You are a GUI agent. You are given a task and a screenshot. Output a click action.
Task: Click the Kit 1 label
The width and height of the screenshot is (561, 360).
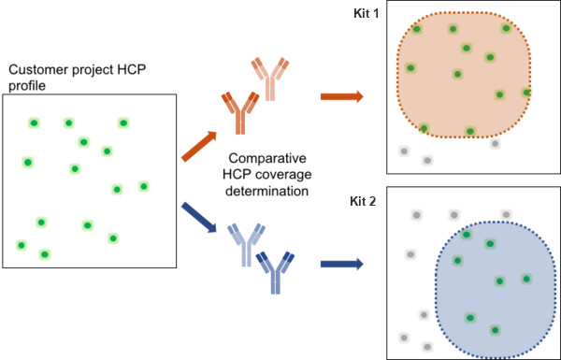366,14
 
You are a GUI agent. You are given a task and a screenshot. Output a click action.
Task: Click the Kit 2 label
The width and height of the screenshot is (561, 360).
363,201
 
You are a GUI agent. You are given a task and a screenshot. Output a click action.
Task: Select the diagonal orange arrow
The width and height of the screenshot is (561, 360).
198,146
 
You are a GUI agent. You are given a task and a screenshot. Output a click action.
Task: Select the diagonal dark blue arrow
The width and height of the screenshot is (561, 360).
198,217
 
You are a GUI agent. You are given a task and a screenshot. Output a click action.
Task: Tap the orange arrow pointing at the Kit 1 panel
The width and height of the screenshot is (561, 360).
341,96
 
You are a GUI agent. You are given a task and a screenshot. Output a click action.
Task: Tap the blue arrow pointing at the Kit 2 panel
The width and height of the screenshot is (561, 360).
341,264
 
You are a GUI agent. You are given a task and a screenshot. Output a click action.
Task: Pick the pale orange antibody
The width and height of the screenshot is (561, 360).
270,79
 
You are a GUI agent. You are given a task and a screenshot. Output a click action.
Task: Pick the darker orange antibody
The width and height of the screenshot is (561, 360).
240,111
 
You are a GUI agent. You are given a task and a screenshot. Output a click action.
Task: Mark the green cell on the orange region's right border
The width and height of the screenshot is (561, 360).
526,93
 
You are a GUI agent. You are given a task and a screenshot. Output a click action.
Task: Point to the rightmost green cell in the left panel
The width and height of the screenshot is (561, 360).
144,186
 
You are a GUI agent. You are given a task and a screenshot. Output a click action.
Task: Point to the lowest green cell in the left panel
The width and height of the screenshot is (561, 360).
44,254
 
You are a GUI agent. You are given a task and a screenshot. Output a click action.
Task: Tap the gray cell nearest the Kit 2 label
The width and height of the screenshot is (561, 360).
417,215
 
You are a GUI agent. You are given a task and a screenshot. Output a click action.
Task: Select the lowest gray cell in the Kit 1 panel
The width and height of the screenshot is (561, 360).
427,160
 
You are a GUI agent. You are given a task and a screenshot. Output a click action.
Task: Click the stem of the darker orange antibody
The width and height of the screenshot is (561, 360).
240,122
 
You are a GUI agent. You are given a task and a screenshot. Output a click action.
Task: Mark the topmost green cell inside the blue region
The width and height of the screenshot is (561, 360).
467,234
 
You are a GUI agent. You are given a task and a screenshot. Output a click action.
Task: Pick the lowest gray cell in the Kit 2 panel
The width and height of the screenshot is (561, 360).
427,347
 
